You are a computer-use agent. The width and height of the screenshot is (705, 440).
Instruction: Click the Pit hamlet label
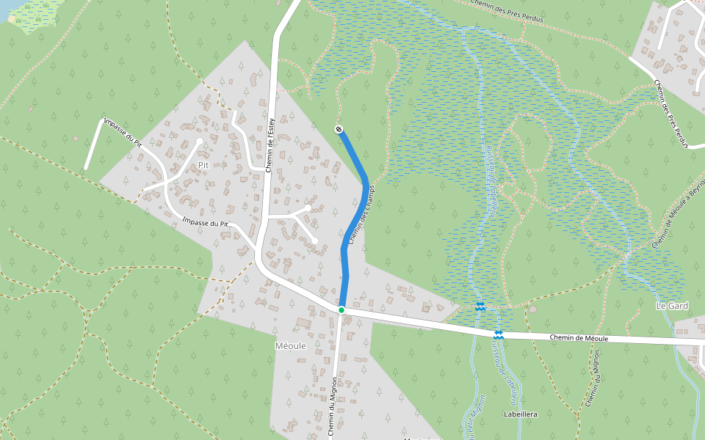[x=204, y=166]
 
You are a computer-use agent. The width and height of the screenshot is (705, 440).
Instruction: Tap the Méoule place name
[x=289, y=345]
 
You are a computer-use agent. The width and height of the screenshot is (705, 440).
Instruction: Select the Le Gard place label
[x=672, y=305]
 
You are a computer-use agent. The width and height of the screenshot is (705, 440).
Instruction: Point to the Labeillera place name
[x=521, y=414]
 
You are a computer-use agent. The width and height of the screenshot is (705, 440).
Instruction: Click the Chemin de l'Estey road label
[x=270, y=144]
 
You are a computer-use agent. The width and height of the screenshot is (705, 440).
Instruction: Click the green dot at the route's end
[x=341, y=310]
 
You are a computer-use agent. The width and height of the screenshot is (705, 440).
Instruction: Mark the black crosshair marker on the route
[x=339, y=130]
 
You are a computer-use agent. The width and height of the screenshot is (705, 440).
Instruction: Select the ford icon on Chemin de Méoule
[x=499, y=334]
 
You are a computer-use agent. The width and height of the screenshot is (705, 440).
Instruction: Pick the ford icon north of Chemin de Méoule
[x=480, y=307]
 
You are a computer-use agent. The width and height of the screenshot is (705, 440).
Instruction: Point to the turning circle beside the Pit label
[x=199, y=141]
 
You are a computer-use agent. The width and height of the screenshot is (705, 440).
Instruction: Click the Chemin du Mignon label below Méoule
[x=333, y=407]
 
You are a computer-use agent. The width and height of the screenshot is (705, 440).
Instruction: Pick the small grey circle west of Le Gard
[x=532, y=309]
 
